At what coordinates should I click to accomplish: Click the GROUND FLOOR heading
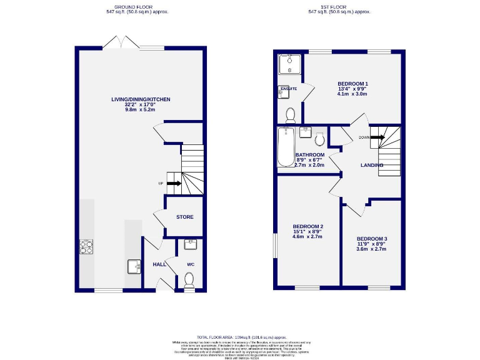tap(137, 7)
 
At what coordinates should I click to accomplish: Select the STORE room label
tap(184, 217)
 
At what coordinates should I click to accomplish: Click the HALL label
tap(159, 264)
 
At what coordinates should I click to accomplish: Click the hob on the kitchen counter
tap(86, 247)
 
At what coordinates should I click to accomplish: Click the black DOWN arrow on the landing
tap(377, 137)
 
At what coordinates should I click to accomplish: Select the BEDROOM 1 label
tap(352, 84)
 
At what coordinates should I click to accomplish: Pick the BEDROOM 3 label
tap(372, 238)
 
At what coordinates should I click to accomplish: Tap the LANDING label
tap(372, 165)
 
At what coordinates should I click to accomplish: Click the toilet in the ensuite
tap(290, 114)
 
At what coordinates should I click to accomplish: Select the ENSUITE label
tap(288, 89)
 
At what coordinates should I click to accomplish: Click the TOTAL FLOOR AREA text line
tap(240, 336)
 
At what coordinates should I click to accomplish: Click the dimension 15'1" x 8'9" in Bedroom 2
tap(308, 232)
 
